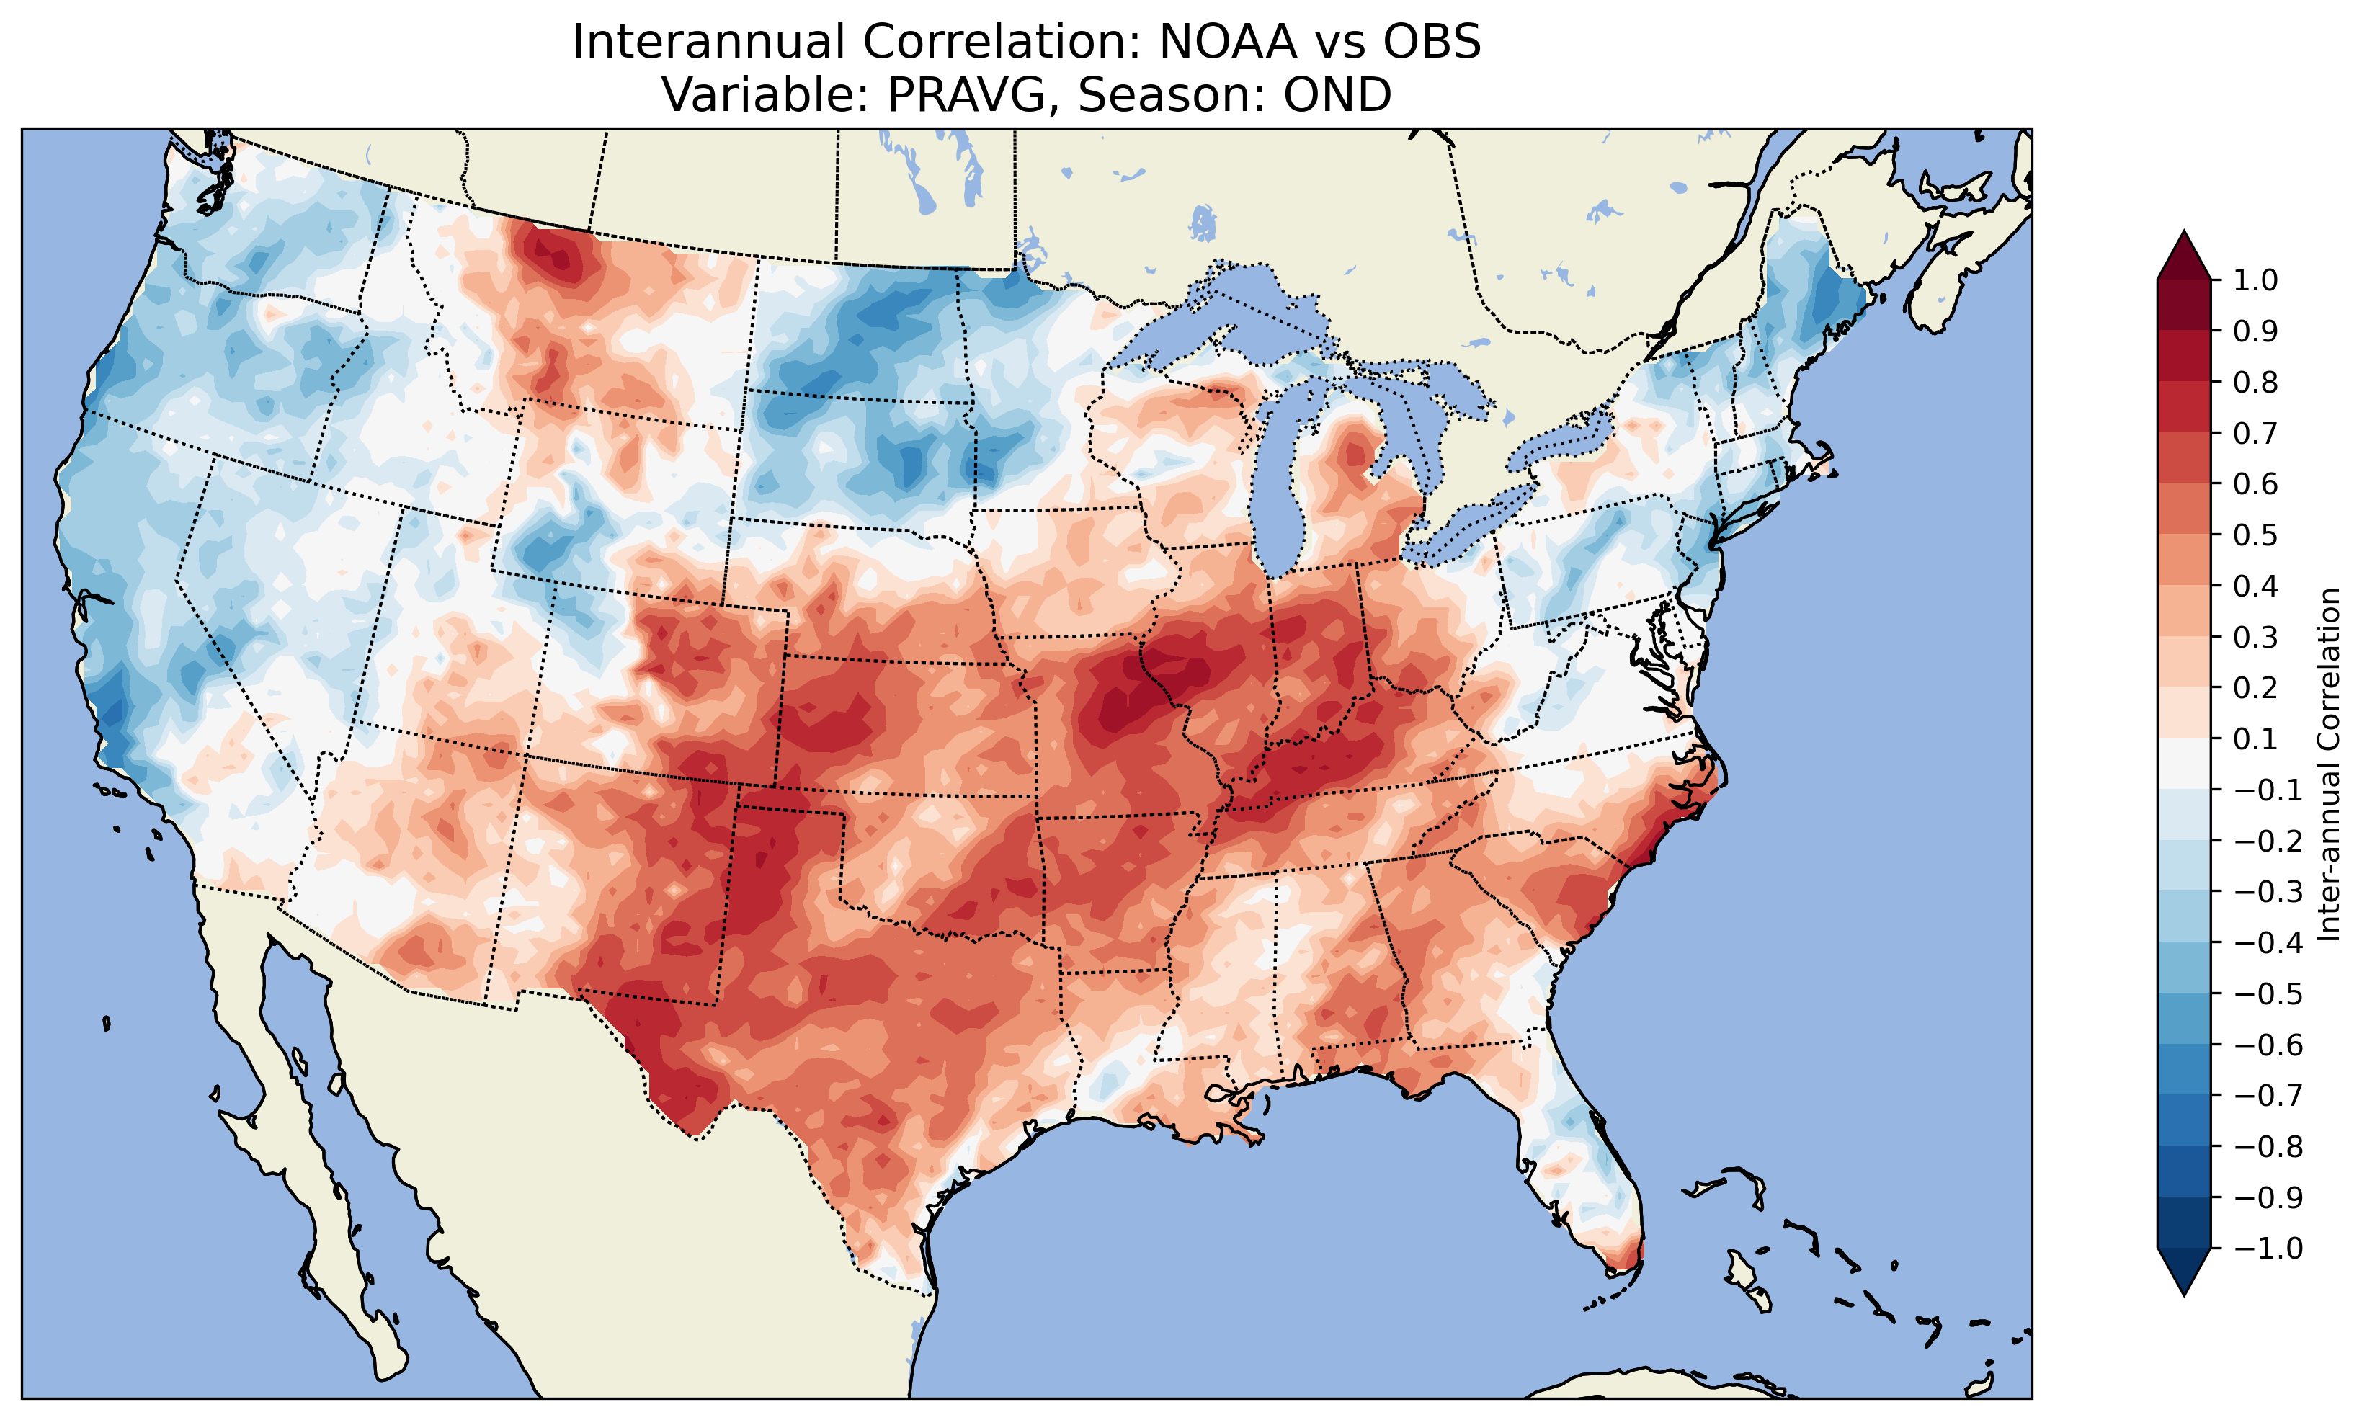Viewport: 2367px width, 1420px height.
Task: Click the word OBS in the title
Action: click(1431, 42)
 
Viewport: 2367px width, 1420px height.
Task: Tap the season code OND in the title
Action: click(1337, 94)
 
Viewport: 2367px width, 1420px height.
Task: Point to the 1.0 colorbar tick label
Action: click(2256, 280)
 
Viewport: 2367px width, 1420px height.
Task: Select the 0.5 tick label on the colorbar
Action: click(2256, 535)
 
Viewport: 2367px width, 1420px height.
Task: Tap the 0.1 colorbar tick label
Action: click(2256, 738)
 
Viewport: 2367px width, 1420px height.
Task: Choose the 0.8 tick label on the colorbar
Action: click(2256, 383)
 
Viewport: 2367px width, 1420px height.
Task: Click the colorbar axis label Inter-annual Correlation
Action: click(2330, 764)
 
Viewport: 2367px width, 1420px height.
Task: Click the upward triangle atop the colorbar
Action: click(2184, 254)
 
